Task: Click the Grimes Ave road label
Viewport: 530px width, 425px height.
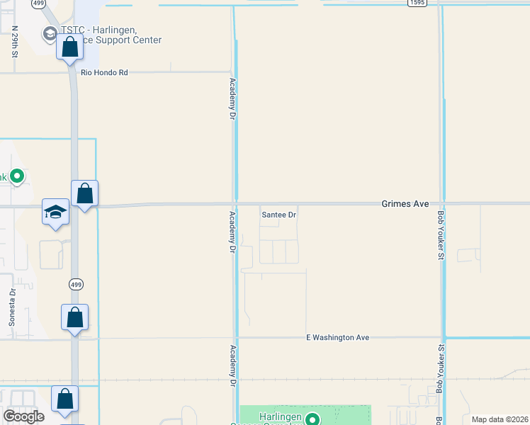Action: pyautogui.click(x=405, y=203)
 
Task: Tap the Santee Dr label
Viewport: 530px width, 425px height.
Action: pyautogui.click(x=278, y=214)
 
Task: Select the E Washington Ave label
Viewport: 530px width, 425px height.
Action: pyautogui.click(x=338, y=338)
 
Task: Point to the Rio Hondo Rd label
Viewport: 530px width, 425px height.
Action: pyautogui.click(x=104, y=72)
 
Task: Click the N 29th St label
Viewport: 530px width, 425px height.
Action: pyautogui.click(x=15, y=42)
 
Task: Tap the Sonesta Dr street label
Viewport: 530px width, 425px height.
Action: pyautogui.click(x=12, y=307)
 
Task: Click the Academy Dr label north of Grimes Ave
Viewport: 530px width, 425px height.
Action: pyautogui.click(x=232, y=98)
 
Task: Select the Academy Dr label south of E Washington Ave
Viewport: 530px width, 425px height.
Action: pyautogui.click(x=232, y=365)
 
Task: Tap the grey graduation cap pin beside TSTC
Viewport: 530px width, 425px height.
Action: pyautogui.click(x=50, y=33)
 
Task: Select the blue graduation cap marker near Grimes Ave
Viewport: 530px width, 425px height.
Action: pyautogui.click(x=56, y=212)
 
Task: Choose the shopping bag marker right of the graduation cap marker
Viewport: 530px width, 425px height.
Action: pyautogui.click(x=84, y=193)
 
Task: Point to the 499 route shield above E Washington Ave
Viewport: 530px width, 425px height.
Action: pyautogui.click(x=76, y=284)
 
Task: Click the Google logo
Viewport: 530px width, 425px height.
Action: pyautogui.click(x=23, y=416)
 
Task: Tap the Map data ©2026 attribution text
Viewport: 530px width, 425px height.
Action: pyautogui.click(x=500, y=419)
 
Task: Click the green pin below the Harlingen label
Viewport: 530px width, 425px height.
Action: pyautogui.click(x=311, y=420)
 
